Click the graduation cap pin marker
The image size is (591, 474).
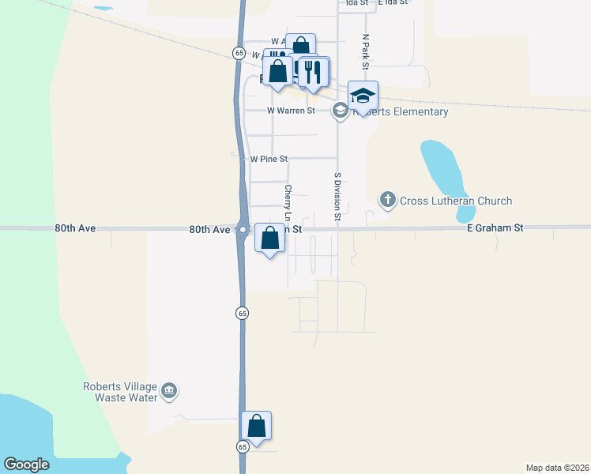(363, 96)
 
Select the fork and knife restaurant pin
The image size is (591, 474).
(314, 73)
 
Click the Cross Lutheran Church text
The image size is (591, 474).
(456, 201)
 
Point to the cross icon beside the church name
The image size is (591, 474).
(387, 200)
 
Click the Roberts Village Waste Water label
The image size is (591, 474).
(120, 392)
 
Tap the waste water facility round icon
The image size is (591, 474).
(168, 391)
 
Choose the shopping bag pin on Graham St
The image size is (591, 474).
(270, 238)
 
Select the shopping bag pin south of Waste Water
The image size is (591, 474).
(257, 426)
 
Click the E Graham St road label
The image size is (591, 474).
(495, 228)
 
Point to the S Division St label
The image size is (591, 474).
(337, 196)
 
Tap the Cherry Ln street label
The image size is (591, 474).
(288, 203)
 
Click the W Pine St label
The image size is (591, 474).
(269, 159)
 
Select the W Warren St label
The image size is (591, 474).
(291, 111)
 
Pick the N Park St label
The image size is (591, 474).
(366, 50)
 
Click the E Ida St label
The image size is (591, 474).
(392, 2)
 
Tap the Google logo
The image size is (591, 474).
(26, 465)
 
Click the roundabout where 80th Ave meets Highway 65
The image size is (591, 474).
(243, 230)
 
